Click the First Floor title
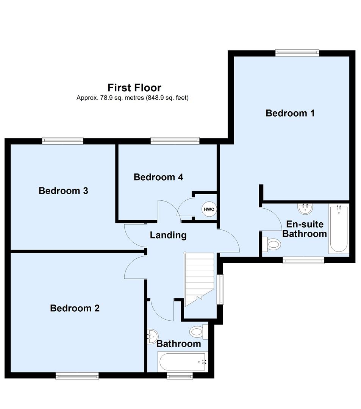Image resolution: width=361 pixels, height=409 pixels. coord(134,88)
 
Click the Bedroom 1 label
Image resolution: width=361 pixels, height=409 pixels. coord(290,113)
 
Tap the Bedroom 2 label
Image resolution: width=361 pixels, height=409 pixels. coord(75,308)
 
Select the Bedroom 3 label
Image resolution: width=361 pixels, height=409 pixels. coord(63,190)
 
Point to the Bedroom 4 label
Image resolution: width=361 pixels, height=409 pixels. coord(158,177)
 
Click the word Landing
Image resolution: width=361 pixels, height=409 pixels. coord(168,235)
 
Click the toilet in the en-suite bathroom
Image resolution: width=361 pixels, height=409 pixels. coord(272,244)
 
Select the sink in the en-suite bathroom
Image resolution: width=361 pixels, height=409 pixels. coord(305,208)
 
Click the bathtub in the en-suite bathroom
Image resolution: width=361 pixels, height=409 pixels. coord(338,229)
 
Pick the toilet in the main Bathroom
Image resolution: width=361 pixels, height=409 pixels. coord(198,332)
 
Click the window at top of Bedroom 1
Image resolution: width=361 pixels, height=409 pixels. coord(297,53)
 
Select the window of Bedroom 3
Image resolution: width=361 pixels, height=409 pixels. coord(63,141)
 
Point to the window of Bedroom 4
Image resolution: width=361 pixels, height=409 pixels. coord(175,141)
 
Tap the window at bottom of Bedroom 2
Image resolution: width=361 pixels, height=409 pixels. coord(77,376)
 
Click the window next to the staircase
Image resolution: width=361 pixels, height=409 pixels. coord(220,289)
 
